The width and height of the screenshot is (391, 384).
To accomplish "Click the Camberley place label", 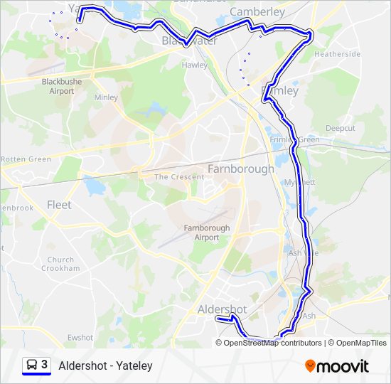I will (257, 11).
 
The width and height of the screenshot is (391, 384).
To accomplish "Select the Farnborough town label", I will (240, 169).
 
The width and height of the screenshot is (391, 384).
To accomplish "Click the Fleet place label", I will (59, 205).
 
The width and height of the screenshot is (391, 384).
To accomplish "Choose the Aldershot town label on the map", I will (222, 309).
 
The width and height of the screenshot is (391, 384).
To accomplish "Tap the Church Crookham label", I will (60, 265).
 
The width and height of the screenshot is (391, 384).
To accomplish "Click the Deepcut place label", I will (341, 128).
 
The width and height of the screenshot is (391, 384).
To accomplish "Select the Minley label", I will (106, 97).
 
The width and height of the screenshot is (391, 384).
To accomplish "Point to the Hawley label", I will (195, 65).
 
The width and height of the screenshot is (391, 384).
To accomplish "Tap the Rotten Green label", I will (26, 159).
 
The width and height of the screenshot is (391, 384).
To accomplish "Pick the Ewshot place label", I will (80, 338).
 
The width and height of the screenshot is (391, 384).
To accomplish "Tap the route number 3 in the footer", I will (44, 365).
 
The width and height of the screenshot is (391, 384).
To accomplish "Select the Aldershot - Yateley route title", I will (106, 366).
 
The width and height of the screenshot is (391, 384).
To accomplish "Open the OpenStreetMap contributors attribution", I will (273, 343).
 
